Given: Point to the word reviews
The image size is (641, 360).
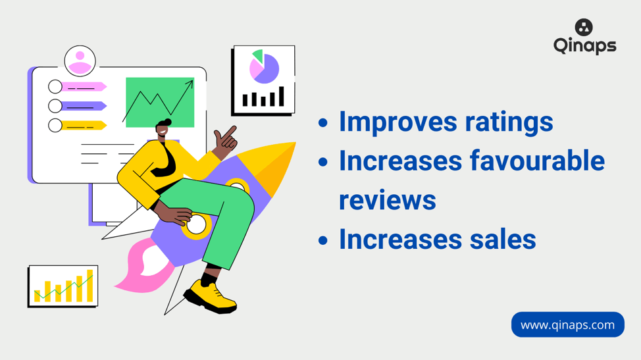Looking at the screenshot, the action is pyautogui.click(x=387, y=200).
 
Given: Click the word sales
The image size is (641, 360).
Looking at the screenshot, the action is pyautogui.click(x=502, y=239).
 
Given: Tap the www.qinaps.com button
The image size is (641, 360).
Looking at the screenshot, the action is pyautogui.click(x=567, y=325).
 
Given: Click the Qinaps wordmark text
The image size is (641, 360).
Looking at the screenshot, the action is pyautogui.click(x=585, y=46).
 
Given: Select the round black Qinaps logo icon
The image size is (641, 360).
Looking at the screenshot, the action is pyautogui.click(x=584, y=28).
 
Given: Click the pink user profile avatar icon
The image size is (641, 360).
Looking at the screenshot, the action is pyautogui.click(x=80, y=61).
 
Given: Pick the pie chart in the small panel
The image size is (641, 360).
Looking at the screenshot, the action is pyautogui.click(x=264, y=67).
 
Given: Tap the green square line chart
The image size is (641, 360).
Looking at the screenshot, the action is pyautogui.click(x=160, y=102).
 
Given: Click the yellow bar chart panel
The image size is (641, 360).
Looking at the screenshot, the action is pyautogui.click(x=63, y=286).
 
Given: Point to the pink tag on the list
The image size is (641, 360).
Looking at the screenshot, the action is pyautogui.click(x=84, y=87).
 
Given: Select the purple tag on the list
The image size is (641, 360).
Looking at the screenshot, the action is pyautogui.click(x=84, y=106).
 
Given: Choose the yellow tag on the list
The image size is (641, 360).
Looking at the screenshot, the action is pyautogui.click(x=84, y=126).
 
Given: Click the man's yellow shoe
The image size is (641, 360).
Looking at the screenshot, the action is pyautogui.click(x=210, y=297).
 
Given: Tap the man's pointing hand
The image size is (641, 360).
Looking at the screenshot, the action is pyautogui.click(x=226, y=139).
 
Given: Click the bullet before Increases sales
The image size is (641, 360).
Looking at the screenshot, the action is pyautogui.click(x=323, y=240).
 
